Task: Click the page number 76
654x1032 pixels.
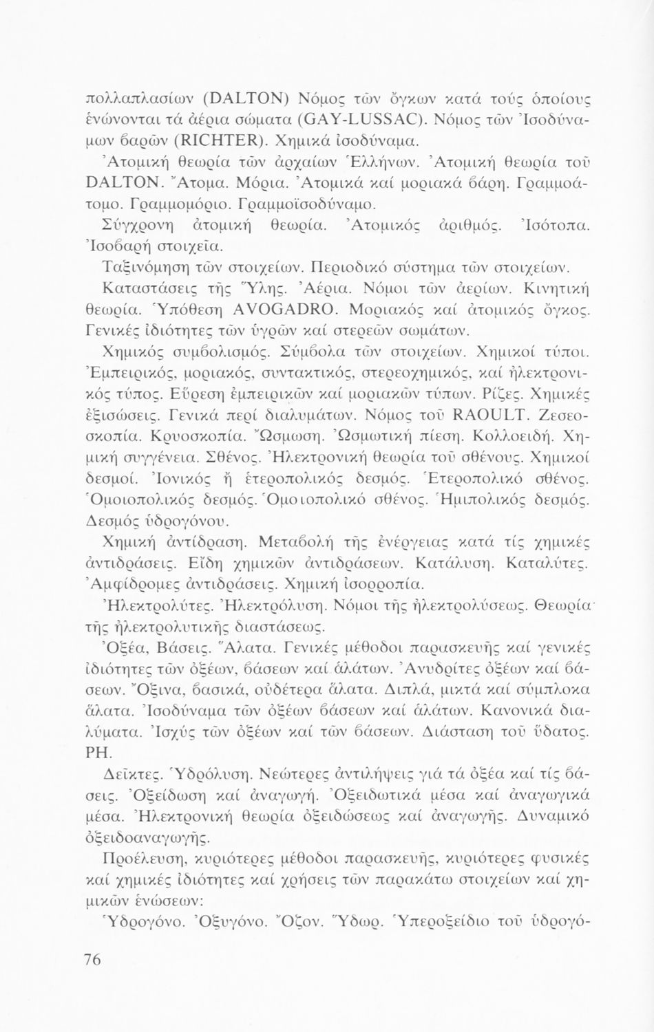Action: pyautogui.click(x=92, y=961)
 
